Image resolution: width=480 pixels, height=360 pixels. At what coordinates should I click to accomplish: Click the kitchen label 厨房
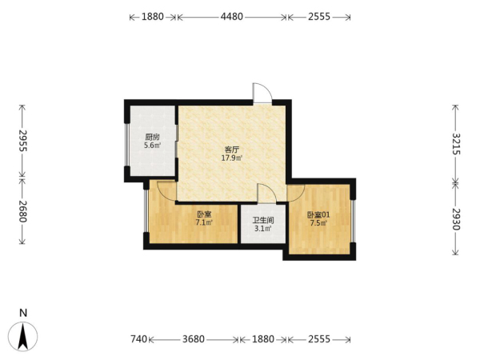[x=152, y=137]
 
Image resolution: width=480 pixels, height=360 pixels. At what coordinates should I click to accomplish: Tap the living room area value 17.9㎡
[x=232, y=158]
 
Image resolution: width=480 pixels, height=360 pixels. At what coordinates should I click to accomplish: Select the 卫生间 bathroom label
[x=263, y=220]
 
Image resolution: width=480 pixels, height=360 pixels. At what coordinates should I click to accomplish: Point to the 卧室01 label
[x=318, y=215]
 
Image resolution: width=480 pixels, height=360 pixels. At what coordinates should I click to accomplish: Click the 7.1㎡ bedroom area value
[x=204, y=222]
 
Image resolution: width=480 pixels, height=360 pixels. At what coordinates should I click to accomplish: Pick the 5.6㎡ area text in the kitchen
[x=153, y=146]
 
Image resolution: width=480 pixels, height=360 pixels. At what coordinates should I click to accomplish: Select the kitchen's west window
[x=126, y=145]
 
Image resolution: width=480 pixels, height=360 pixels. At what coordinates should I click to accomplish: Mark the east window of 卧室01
[x=353, y=221]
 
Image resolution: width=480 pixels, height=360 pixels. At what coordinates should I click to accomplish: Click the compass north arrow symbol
[x=23, y=336]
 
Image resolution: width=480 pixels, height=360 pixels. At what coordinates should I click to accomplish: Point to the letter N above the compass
[x=23, y=313]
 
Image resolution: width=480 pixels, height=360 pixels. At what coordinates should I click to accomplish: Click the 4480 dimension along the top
[x=232, y=17]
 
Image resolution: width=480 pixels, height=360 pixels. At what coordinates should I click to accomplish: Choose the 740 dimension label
[x=139, y=339]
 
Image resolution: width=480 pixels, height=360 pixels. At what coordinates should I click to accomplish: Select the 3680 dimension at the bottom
[x=194, y=339]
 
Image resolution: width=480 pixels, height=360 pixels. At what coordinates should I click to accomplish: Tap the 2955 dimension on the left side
[x=22, y=141]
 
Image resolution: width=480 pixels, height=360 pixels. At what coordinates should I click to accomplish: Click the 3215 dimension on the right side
[x=456, y=144]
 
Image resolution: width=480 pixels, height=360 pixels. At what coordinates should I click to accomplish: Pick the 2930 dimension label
[x=456, y=219]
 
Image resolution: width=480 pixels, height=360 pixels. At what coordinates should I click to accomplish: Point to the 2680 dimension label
[x=22, y=211]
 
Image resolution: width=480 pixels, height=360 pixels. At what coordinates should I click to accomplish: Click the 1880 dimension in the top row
[x=153, y=17]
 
